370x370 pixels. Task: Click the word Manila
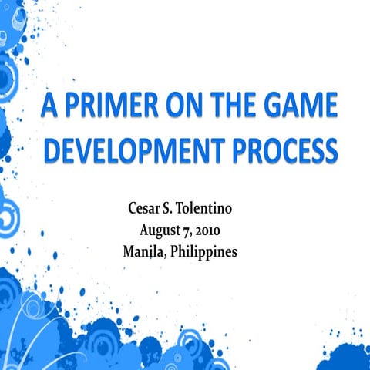(x=142, y=251)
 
